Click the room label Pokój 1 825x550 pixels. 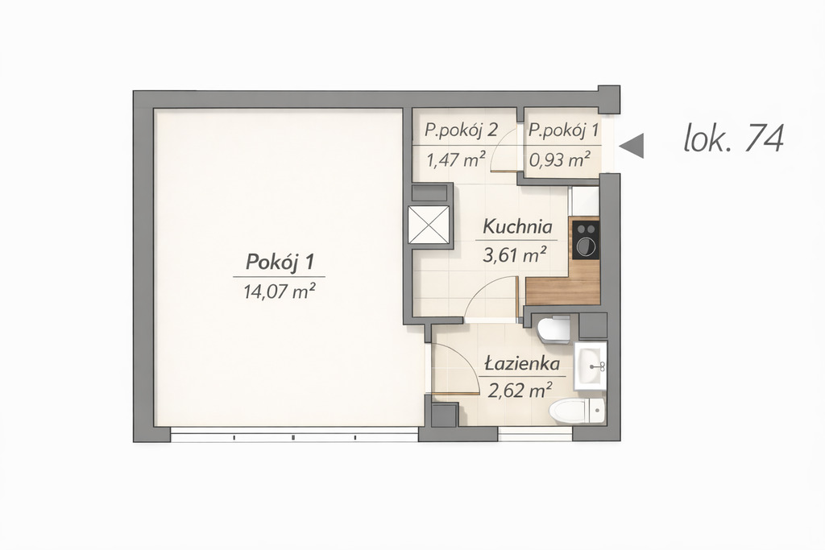[280, 262]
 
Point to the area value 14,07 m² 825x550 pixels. [280, 291]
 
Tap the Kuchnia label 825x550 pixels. [518, 227]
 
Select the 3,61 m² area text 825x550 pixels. [515, 255]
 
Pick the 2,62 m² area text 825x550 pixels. [520, 391]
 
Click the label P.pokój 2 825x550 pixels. [462, 130]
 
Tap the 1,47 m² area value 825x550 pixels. [456, 159]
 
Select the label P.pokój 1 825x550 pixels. [563, 130]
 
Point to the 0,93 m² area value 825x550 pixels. [560, 159]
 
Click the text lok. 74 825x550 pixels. [733, 139]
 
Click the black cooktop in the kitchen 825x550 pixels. [587, 240]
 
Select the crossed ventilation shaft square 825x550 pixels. [429, 225]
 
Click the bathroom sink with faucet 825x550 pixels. [591, 366]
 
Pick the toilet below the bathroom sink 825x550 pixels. [577, 410]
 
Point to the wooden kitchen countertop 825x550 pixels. [564, 289]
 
